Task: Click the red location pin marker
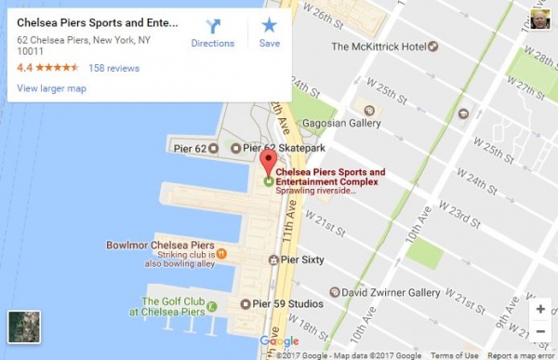(x=269, y=163)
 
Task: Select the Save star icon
(x=269, y=26)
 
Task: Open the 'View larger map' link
(x=51, y=88)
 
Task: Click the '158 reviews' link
(x=113, y=68)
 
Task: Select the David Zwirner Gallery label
(x=391, y=291)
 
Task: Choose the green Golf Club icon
(x=212, y=306)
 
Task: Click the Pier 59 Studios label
(x=284, y=303)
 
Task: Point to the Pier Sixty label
(x=297, y=260)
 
